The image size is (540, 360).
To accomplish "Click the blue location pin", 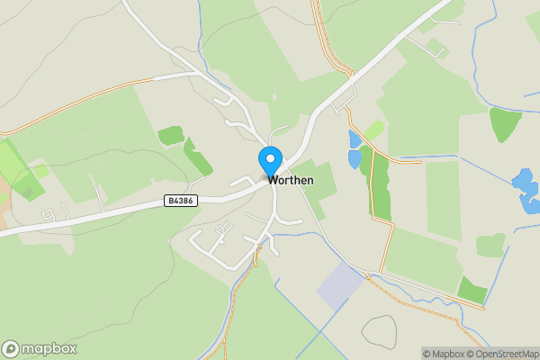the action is (x=270, y=162).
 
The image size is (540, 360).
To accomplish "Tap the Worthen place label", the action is (x=290, y=180).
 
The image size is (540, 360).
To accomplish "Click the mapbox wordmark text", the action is (x=49, y=349).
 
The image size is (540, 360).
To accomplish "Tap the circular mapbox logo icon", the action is (x=11, y=349).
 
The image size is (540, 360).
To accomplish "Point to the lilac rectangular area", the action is (x=340, y=286).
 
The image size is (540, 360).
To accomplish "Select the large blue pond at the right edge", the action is (x=525, y=188).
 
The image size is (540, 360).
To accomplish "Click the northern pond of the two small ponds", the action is (x=354, y=139).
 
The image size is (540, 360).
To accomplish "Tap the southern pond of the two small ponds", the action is (x=355, y=160).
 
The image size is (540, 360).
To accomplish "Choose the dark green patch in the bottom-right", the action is (x=472, y=290).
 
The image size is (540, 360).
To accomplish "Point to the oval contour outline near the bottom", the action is (x=378, y=331).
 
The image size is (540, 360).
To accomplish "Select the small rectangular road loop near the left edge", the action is (x=55, y=213).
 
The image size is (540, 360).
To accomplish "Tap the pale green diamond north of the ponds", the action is (x=374, y=131).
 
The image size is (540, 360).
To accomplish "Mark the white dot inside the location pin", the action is (x=270, y=158).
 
